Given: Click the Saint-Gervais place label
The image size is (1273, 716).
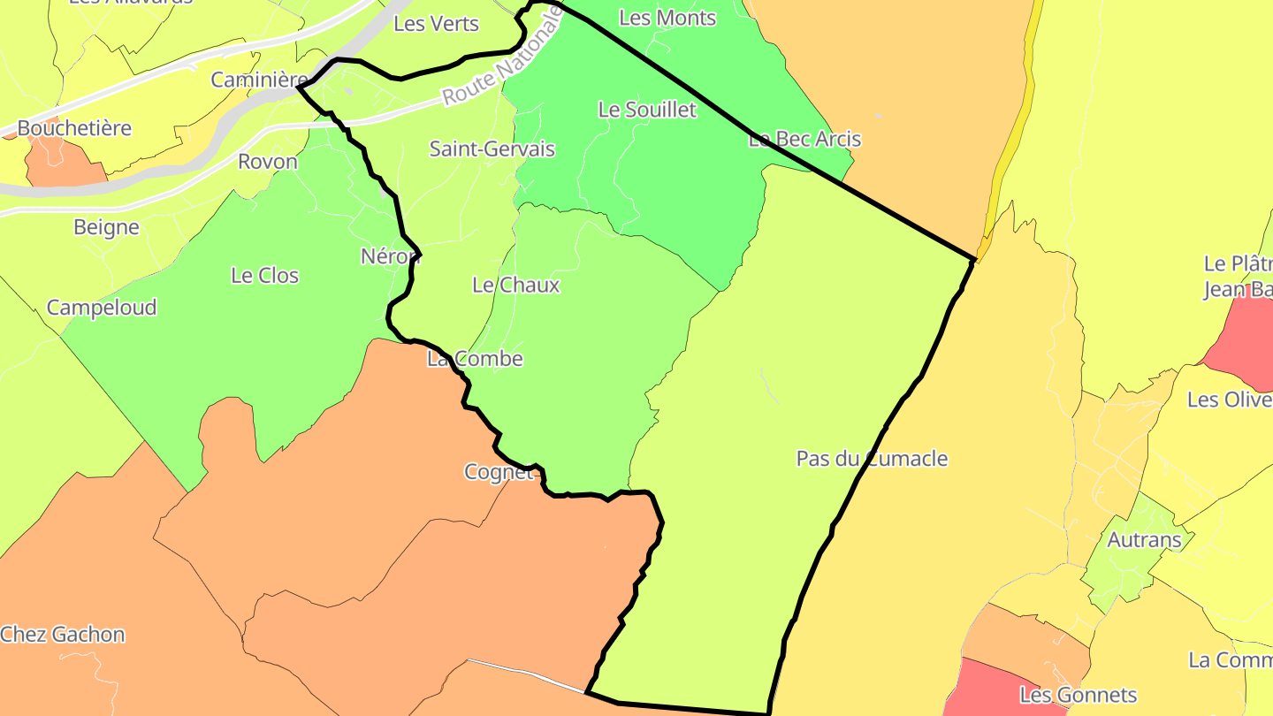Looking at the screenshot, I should click(x=492, y=149).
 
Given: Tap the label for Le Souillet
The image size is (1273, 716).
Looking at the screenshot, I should click(x=647, y=110).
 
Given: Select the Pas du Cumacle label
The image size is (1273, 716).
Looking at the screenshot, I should click(x=872, y=459).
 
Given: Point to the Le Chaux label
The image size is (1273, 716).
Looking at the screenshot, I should click(x=515, y=285).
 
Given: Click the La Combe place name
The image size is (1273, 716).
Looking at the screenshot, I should click(x=475, y=359).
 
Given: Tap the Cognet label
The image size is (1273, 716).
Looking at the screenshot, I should click(x=499, y=472).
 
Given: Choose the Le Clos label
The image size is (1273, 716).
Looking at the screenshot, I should click(x=264, y=275).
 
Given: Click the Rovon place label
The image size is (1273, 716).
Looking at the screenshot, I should click(x=268, y=162).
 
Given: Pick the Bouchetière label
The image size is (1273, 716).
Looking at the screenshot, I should click(x=74, y=128).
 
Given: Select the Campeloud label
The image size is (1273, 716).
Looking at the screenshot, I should click(x=102, y=308).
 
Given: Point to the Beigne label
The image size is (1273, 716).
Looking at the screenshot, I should click(x=106, y=227).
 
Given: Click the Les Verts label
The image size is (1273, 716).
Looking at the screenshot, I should click(x=436, y=24).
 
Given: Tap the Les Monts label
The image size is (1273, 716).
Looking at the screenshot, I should click(x=667, y=18).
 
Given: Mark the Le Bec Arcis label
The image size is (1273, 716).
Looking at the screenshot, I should click(x=804, y=139).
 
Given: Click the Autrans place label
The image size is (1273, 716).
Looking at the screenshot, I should click(x=1144, y=539).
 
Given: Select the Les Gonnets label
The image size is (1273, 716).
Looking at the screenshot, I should click(x=1078, y=695).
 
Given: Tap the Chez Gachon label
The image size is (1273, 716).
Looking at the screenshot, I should click(x=63, y=634).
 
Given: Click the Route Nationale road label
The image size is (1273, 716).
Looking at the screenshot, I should click(x=502, y=57).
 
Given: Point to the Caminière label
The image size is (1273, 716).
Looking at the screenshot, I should click(x=259, y=80).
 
